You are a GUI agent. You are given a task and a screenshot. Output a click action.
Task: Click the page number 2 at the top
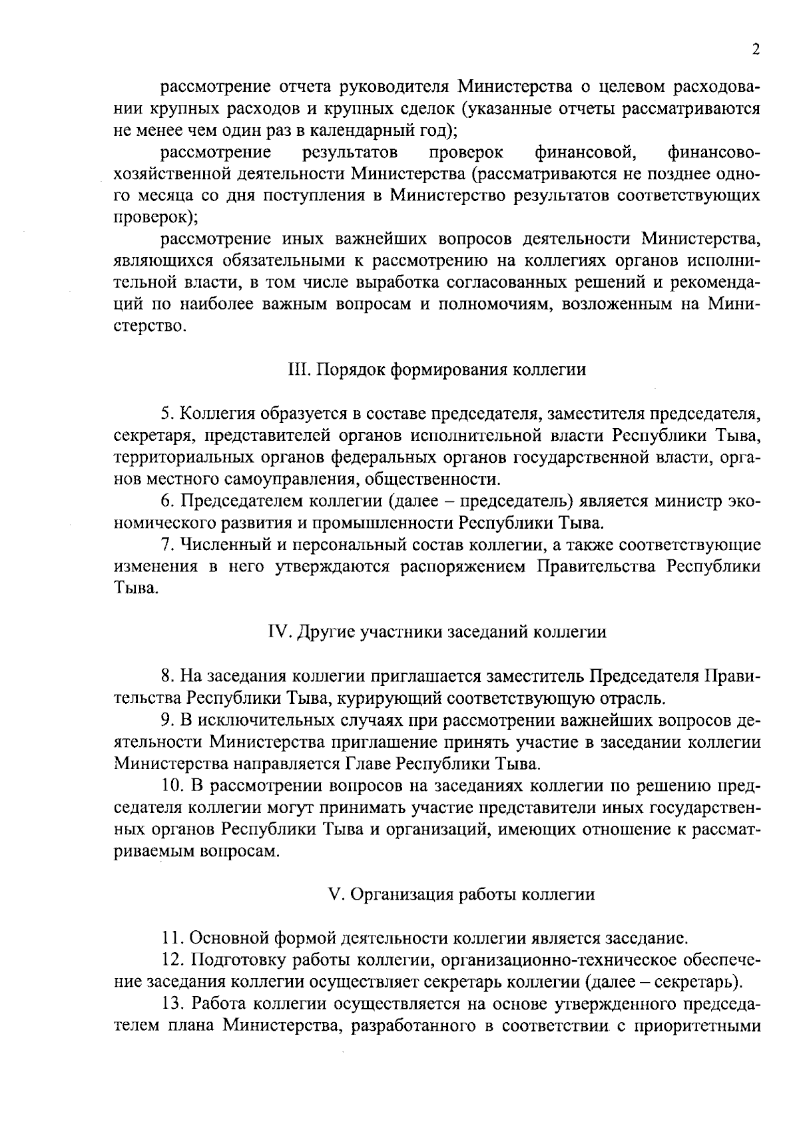tap(756, 51)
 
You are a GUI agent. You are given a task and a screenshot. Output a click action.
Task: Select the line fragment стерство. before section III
tap(150, 326)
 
